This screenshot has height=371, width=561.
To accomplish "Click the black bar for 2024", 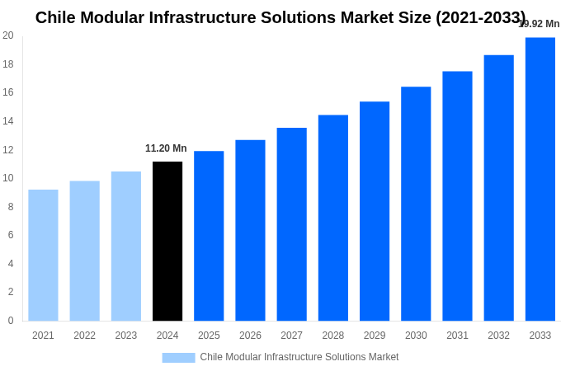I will tap(167, 241).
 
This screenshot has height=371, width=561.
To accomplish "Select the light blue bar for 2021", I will tap(43, 255).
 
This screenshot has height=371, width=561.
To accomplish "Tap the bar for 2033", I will tap(540, 179).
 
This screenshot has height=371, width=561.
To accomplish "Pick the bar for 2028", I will tap(332, 218).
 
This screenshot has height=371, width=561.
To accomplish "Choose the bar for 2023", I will tap(126, 246).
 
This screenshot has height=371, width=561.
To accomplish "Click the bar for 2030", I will tap(416, 204).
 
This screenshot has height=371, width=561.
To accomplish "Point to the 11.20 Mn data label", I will tap(166, 148).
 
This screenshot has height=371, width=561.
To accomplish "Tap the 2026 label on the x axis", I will tap(250, 336).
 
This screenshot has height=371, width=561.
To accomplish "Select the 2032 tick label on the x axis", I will tap(498, 336).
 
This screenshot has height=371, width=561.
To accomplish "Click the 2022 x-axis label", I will tap(84, 336).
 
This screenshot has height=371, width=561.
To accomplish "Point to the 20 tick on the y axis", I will tap(8, 35).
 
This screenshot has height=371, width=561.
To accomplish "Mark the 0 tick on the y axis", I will tap(11, 321).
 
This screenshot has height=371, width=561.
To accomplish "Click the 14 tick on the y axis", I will tap(8, 121).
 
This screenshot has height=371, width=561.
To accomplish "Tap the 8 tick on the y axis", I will tap(11, 207).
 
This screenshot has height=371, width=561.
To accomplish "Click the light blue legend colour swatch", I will tap(178, 358).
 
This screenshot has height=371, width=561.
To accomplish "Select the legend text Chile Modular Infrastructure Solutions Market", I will tap(299, 357).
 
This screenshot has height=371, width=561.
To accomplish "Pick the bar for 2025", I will tap(209, 236).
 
